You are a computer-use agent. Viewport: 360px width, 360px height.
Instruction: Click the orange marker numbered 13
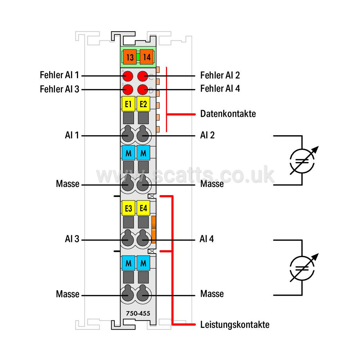130,57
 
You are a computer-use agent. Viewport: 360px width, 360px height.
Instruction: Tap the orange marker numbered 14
147,57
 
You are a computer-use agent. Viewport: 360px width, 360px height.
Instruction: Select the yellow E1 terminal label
128,104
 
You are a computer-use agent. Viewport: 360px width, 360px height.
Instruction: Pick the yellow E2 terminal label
143,104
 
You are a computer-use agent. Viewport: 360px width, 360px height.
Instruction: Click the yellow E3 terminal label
128,208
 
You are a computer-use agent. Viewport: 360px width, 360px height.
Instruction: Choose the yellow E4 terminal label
143,208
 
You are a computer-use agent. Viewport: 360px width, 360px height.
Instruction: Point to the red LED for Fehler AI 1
128,76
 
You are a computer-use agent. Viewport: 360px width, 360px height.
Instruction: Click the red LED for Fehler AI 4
142,90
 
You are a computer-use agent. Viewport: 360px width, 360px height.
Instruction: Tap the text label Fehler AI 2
220,75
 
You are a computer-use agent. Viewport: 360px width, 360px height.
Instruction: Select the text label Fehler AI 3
60,89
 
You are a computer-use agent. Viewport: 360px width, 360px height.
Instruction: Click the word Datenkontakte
228,114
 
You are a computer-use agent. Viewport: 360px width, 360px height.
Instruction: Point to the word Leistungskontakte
235,325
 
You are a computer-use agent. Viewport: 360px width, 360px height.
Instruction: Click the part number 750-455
138,313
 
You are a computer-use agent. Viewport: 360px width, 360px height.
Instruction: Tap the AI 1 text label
72,135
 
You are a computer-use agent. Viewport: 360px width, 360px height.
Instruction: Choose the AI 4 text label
206,239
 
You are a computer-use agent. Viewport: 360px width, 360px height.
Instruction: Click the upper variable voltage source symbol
302,161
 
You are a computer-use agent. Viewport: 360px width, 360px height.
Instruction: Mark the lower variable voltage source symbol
302,268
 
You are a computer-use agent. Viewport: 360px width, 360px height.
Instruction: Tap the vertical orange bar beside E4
154,229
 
